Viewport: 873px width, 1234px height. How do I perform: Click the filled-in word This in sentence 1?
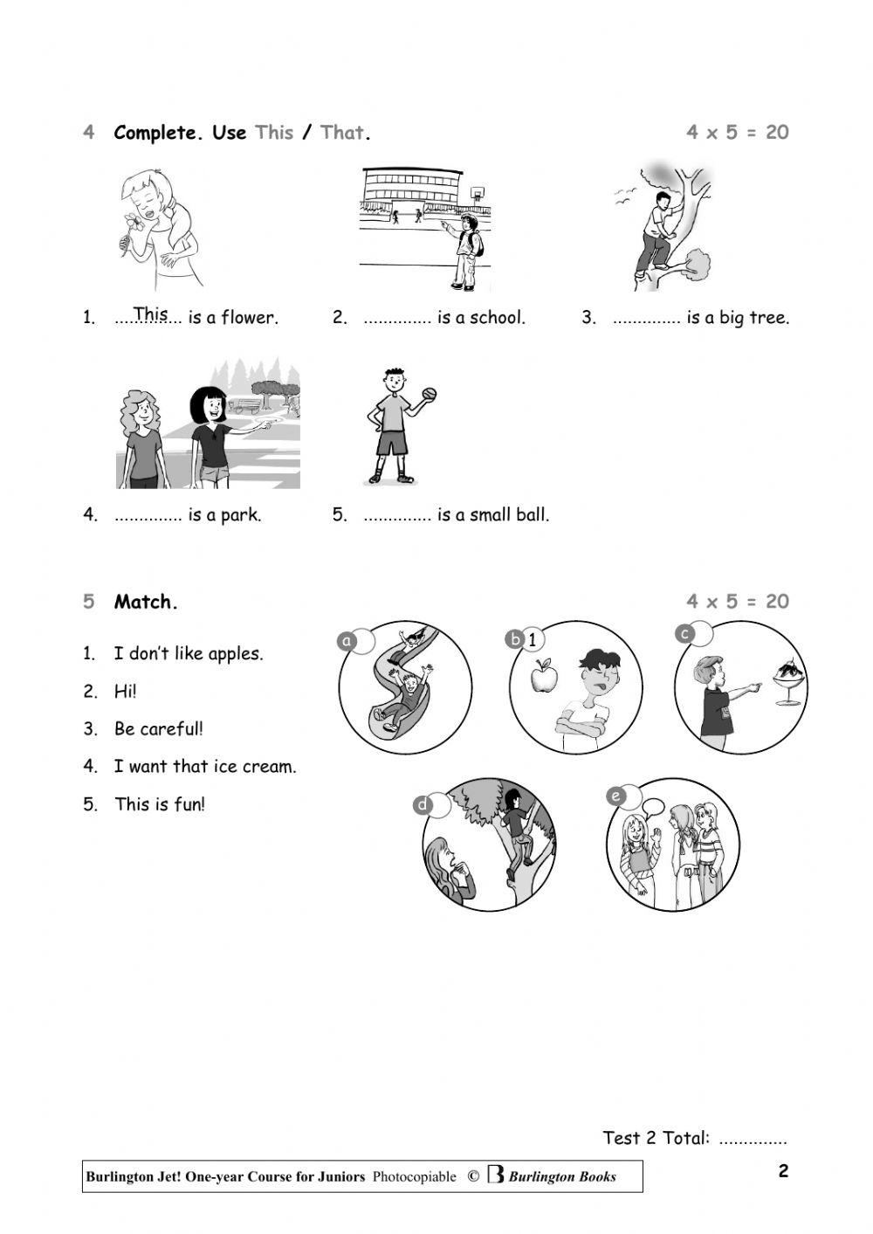pos(150,313)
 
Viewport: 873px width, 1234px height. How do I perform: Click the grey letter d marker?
pos(423,805)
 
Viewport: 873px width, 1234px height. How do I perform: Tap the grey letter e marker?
pos(616,796)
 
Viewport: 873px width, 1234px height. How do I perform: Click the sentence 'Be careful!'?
pos(158,728)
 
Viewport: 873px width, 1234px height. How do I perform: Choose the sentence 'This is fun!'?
pos(160,804)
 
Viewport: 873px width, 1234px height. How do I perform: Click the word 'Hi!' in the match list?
pos(125,691)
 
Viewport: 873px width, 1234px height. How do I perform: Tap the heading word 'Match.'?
pos(146,602)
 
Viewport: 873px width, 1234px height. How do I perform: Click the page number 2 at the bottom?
pos(783,1171)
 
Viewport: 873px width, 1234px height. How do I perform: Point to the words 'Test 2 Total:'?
pos(656,1138)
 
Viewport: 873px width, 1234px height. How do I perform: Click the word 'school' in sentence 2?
pos(497,318)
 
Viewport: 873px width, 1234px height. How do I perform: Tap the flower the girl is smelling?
pos(134,222)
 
